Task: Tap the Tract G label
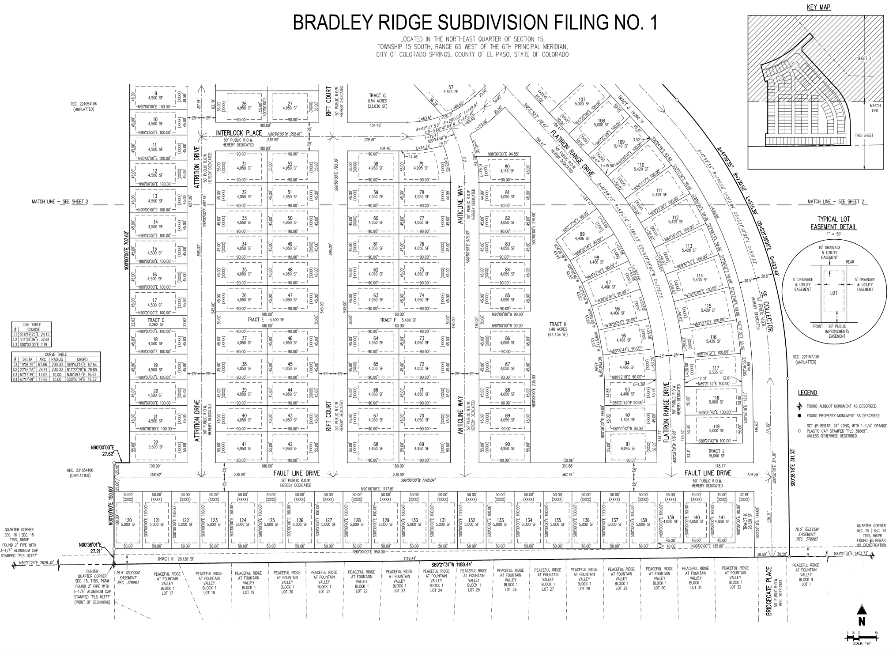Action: (x=377, y=96)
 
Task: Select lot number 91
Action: (x=628, y=444)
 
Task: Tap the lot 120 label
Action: (x=129, y=520)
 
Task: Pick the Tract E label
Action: (x=256, y=320)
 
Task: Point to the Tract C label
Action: (x=156, y=320)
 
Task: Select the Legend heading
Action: (x=807, y=392)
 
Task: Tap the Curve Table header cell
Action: (x=56, y=354)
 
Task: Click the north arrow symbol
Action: (x=861, y=614)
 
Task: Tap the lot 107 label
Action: (x=582, y=100)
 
